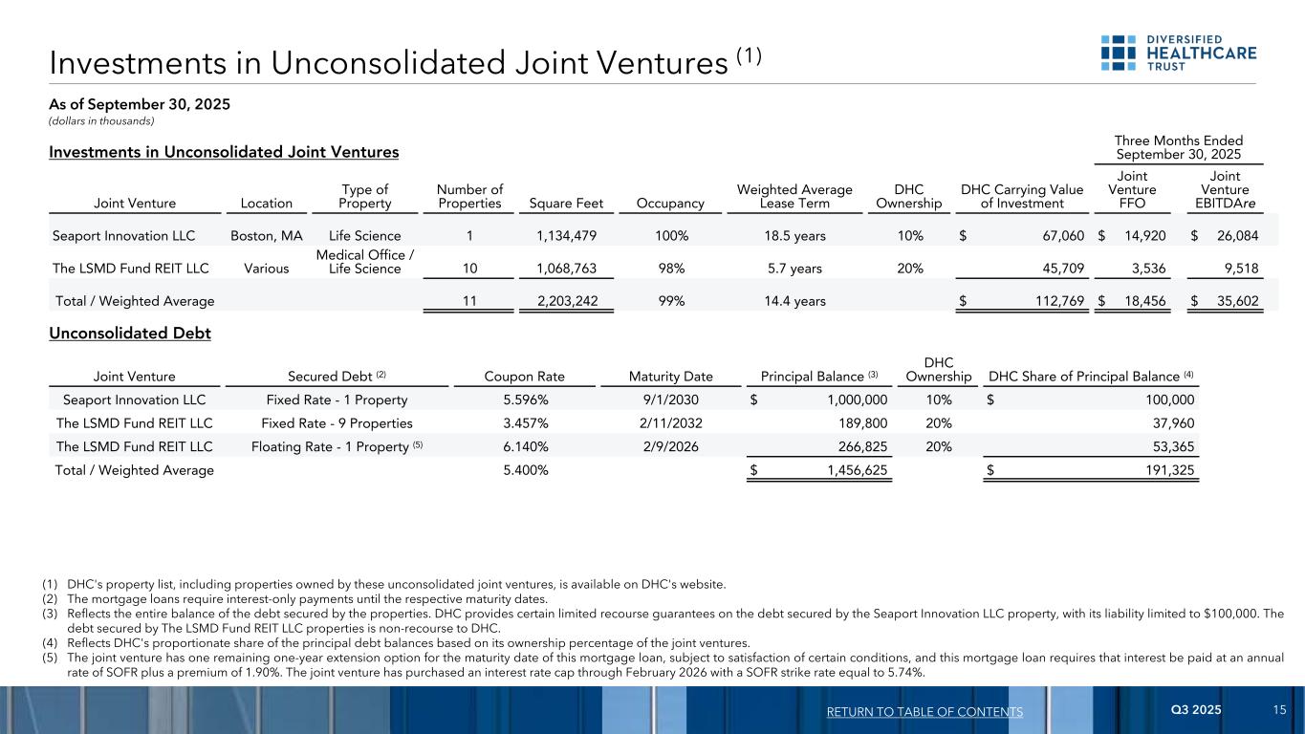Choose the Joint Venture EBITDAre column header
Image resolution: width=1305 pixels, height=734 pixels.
[x=1226, y=189]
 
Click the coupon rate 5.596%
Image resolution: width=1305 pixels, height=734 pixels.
[x=525, y=400]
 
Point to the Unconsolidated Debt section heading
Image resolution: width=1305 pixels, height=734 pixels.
[x=129, y=334]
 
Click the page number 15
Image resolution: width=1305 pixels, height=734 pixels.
[x=1279, y=710]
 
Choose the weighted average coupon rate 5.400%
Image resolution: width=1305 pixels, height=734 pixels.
[x=525, y=469]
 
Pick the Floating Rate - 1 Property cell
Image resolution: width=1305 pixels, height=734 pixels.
[x=336, y=446]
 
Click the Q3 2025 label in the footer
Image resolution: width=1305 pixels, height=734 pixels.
[x=1195, y=710]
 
